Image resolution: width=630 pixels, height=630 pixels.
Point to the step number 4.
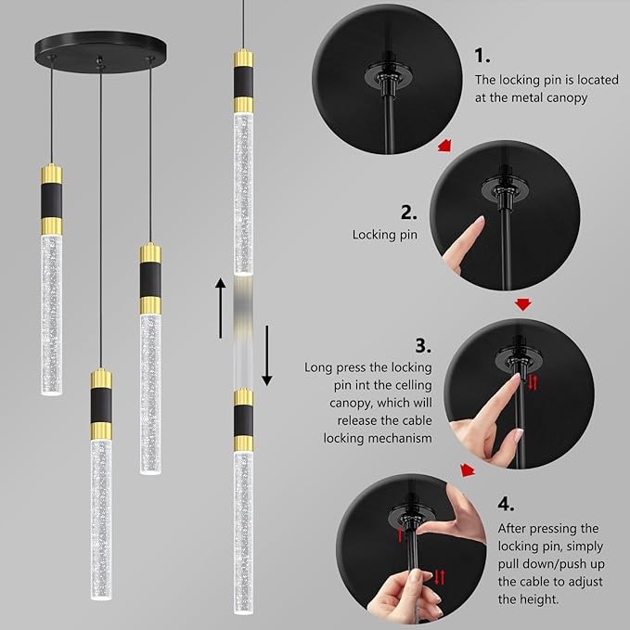coord(506,504)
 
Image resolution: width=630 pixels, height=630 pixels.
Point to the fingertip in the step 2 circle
coord(481,222)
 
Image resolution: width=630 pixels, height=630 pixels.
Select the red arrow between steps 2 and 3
coord(523,303)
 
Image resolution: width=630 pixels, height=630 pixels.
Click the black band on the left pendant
coord(52,200)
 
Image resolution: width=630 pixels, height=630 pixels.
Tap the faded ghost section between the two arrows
coord(243,330)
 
